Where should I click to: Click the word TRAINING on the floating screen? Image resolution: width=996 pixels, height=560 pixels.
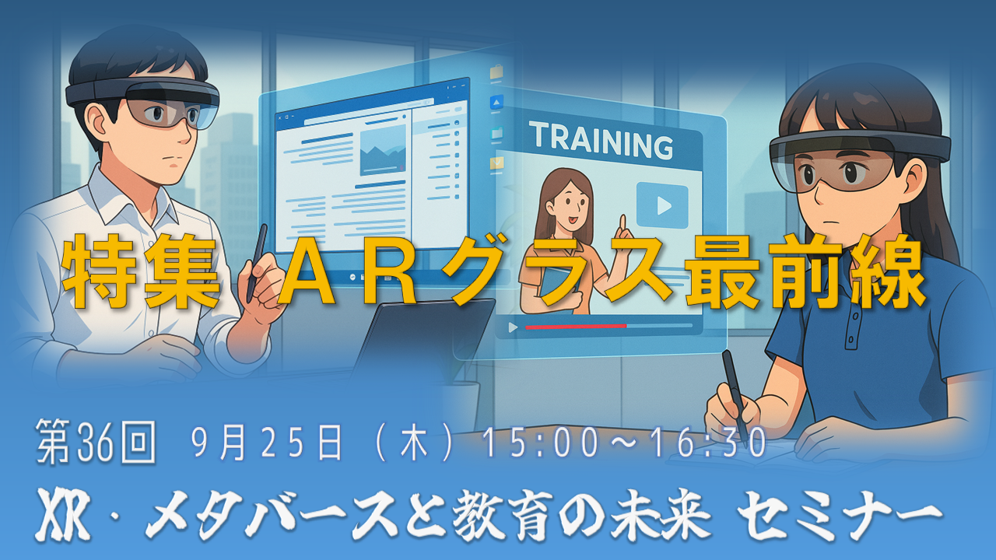[601, 141]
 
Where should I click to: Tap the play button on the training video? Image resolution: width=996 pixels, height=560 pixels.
[662, 205]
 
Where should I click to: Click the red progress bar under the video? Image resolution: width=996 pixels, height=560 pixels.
[576, 327]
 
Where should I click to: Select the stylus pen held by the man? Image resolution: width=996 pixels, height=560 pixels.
[257, 263]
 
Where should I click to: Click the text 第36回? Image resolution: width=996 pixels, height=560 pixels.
[96, 441]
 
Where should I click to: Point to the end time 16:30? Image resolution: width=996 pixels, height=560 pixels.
[708, 443]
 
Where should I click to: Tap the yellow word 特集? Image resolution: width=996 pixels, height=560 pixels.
[141, 271]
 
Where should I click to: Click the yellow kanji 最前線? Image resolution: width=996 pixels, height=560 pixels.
[805, 271]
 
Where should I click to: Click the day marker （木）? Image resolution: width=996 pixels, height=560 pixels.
[413, 443]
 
